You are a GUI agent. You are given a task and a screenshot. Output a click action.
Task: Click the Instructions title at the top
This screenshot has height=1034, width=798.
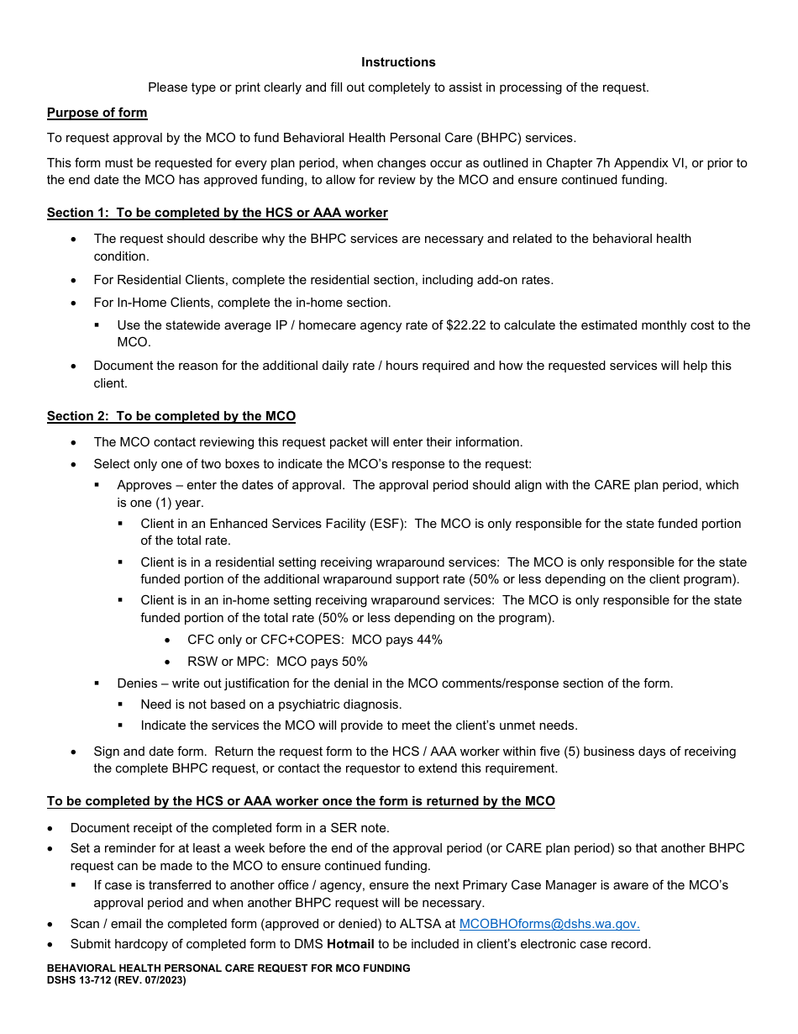coord(398,62)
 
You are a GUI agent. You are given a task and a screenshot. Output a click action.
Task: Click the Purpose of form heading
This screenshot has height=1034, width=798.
coord(97,113)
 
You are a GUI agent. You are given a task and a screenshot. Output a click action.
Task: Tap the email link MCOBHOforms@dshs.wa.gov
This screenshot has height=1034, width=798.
coord(549,924)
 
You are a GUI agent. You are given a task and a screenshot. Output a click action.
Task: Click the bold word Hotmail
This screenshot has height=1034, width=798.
coord(350,944)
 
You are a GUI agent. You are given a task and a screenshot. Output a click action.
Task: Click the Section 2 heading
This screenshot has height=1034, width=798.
coord(171,416)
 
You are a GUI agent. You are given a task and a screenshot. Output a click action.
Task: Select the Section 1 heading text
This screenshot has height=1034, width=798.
coord(217,213)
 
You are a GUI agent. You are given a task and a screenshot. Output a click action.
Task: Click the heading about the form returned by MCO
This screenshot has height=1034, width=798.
coord(301,801)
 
